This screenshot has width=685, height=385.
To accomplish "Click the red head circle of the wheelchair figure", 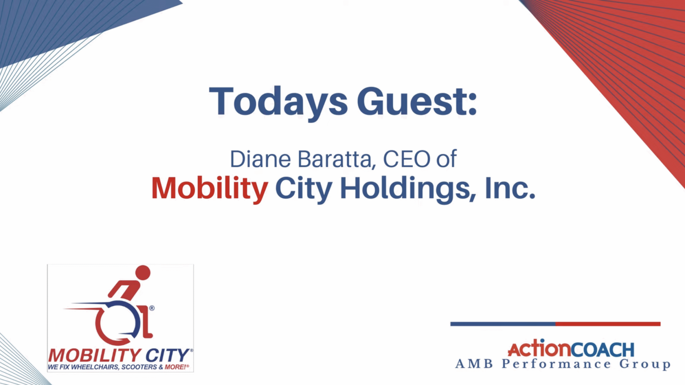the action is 143,273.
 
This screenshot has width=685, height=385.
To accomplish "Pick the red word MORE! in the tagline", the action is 175,367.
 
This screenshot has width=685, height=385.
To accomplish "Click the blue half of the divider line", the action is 503,324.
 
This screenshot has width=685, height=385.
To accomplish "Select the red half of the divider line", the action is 608,324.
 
